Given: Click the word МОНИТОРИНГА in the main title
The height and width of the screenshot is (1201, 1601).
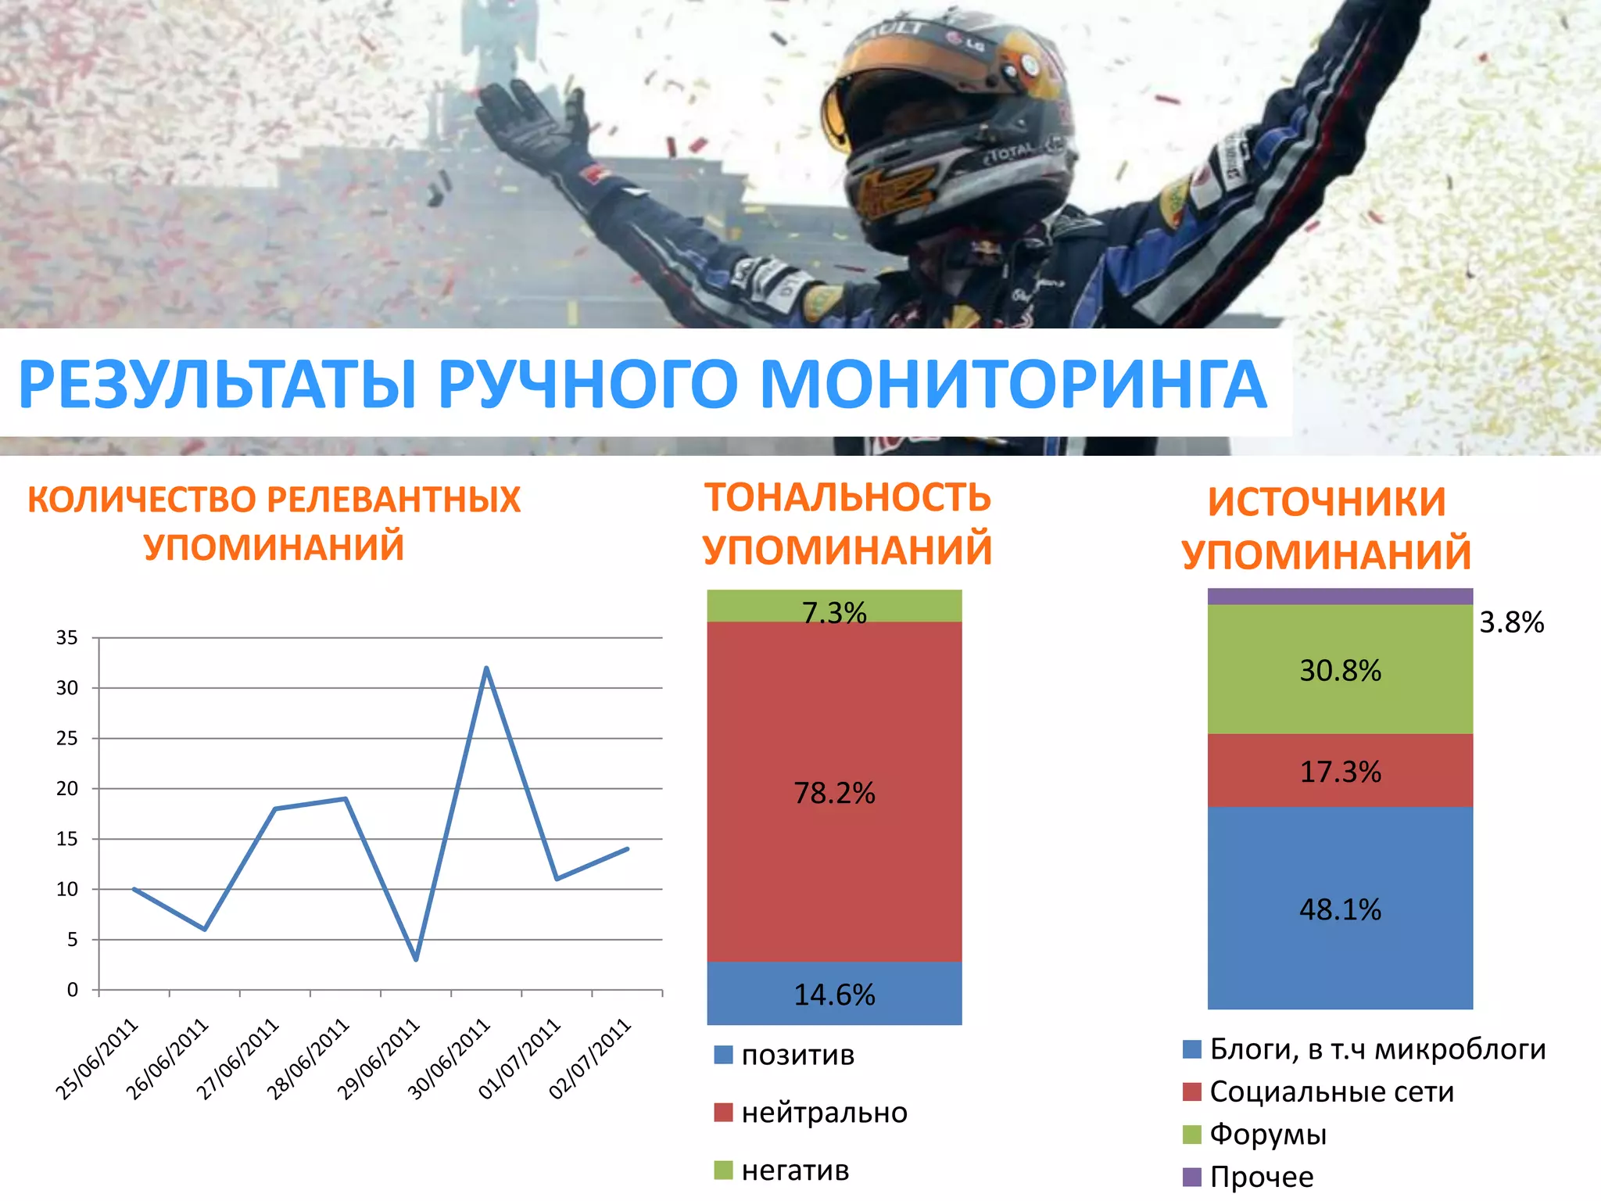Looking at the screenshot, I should (1012, 385).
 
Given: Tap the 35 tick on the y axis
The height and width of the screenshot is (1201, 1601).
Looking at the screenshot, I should (67, 638).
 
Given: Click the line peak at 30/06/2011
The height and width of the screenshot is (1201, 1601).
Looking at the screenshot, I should (486, 669).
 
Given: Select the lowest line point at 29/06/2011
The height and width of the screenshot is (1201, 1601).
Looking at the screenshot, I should (416, 959).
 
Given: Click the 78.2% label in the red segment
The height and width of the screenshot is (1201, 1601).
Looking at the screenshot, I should (834, 793).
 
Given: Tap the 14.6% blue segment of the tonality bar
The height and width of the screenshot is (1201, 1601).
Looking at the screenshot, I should (834, 994).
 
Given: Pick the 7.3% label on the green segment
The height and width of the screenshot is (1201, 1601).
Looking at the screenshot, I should (834, 612).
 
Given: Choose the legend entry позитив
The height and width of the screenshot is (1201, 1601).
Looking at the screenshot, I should (797, 1055).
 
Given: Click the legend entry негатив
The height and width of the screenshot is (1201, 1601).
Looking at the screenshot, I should (795, 1171).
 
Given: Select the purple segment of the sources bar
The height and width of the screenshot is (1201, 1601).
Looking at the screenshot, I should (1340, 597).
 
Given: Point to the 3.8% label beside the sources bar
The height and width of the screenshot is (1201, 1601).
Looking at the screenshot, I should (1511, 622).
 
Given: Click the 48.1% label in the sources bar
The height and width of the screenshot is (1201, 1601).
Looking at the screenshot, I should (1340, 909).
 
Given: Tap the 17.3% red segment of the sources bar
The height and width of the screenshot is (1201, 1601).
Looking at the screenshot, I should (1340, 771).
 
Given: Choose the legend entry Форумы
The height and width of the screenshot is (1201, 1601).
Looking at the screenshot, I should (1268, 1134).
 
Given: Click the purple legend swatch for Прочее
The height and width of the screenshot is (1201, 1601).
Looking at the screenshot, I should (1192, 1177).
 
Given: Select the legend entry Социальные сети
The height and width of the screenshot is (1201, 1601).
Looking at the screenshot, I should (1331, 1092).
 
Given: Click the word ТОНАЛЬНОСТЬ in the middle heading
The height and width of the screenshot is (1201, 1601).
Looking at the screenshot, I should (847, 498).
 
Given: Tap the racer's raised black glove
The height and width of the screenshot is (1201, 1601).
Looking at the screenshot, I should (532, 125).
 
